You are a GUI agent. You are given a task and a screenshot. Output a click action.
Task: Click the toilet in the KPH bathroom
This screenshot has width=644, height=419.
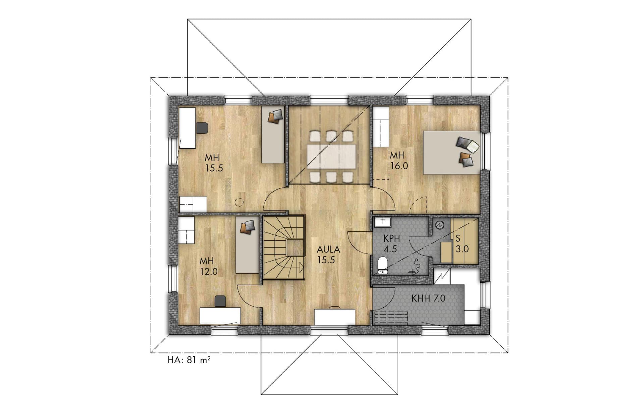point(383,265)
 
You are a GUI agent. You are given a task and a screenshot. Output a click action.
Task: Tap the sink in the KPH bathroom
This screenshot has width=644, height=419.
point(383,222)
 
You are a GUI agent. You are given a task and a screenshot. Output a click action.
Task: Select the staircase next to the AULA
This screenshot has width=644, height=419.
point(283,247)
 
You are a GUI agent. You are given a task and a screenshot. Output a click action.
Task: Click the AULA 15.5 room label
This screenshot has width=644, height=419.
point(328,254)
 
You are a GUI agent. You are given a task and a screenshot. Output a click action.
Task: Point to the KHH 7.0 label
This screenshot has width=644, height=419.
point(428,298)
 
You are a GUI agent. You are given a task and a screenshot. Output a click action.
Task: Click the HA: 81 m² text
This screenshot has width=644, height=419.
point(189,360)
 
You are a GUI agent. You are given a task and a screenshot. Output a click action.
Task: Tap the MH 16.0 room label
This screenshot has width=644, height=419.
point(398,160)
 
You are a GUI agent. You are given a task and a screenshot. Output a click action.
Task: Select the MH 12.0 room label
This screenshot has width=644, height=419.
point(209,266)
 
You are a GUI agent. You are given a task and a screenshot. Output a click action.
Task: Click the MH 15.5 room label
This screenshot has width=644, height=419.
point(214,162)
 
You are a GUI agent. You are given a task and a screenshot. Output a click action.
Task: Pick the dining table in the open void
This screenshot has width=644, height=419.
point(331,156)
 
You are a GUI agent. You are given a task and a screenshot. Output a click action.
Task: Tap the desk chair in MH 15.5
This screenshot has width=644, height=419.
point(202,128)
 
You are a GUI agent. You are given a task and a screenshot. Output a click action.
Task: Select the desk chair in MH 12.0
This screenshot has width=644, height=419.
point(220,301)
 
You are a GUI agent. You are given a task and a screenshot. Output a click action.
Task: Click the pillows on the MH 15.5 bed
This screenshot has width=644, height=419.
point(275,116)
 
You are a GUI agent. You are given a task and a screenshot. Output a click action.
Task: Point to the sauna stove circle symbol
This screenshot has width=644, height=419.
point(439,225)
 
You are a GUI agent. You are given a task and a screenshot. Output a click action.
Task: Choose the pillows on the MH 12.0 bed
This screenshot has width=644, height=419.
point(248,227)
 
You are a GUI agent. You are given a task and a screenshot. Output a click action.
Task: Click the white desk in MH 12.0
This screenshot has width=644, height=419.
point(220,316)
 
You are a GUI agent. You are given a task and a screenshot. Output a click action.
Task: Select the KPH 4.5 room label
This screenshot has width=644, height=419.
point(391,244)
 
